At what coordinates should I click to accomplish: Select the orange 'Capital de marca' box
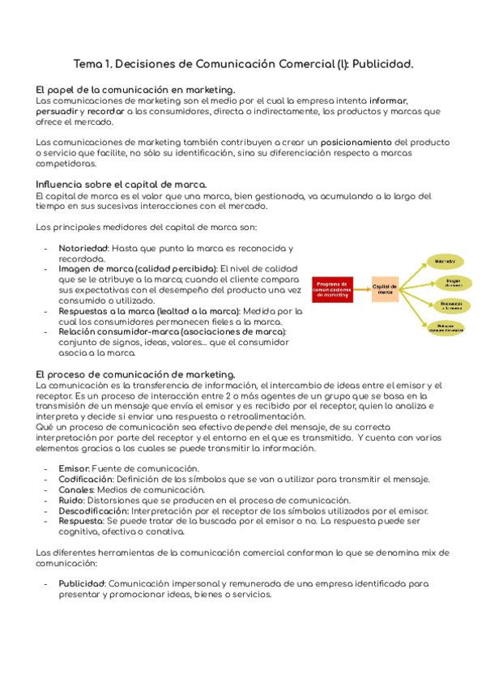point(386,289)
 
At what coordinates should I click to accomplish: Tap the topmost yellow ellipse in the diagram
point(444,262)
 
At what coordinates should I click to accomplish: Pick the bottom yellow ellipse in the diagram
point(446,328)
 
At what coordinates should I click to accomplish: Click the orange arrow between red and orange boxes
point(363,289)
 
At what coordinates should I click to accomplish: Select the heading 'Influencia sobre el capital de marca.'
point(122,183)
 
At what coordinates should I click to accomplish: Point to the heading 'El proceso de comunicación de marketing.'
point(135,373)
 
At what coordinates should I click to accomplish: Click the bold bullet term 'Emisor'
point(75,468)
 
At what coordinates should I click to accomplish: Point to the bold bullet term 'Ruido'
point(72,501)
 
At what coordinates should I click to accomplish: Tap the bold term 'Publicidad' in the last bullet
point(82,583)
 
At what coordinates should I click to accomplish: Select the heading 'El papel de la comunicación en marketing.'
point(136,89)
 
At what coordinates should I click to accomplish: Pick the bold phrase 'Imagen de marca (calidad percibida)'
point(138,268)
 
